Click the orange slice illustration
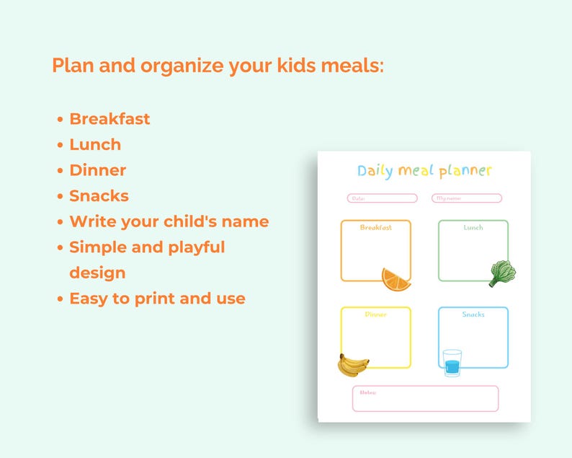tap(396, 279)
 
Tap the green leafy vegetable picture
tap(501, 273)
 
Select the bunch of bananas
tap(352, 365)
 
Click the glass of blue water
tap(452, 362)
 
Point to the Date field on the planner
tap(382, 198)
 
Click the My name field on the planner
tap(466, 198)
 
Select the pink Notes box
tap(425, 399)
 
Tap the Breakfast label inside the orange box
tap(376, 228)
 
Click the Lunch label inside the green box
tap(473, 228)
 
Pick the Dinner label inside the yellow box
tap(376, 314)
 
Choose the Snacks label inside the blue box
tap(473, 314)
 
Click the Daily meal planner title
tap(424, 171)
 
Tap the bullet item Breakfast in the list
tap(110, 119)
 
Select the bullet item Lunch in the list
tap(95, 144)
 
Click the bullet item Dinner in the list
tap(97, 170)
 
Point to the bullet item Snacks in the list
tap(99, 195)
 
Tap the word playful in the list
tap(196, 247)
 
